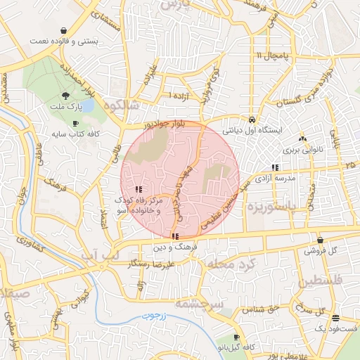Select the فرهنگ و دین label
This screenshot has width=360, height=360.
(174, 248)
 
